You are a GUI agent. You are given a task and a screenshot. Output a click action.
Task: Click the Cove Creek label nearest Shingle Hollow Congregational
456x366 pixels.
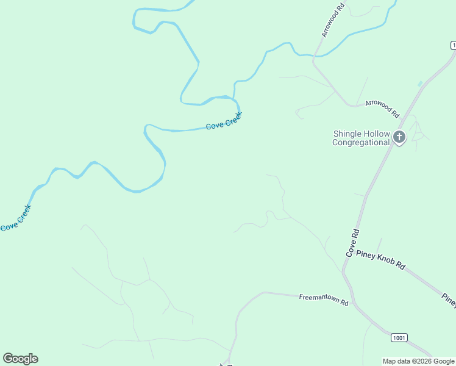224,120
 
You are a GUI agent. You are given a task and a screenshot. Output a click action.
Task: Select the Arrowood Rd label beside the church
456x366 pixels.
382,109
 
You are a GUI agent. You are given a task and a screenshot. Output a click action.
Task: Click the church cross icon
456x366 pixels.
399,137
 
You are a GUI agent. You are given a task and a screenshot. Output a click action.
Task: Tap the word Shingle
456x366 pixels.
347,134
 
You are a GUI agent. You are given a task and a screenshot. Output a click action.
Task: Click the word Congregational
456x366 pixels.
361,143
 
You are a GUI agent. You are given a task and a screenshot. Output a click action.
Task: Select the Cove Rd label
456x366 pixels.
353,242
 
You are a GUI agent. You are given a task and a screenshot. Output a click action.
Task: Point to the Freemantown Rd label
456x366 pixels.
323,300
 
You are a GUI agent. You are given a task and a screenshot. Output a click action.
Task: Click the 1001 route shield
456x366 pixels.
399,337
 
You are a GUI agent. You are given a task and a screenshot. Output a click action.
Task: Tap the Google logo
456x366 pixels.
20,359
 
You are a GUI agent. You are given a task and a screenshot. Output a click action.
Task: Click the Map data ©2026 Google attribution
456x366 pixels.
418,361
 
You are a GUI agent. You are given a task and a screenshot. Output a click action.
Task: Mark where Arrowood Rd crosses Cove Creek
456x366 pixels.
315,56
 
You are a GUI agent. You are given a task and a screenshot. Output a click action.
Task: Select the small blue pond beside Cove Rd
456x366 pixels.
419,83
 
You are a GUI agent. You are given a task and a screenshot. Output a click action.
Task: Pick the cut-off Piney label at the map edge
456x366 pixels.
449,300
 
